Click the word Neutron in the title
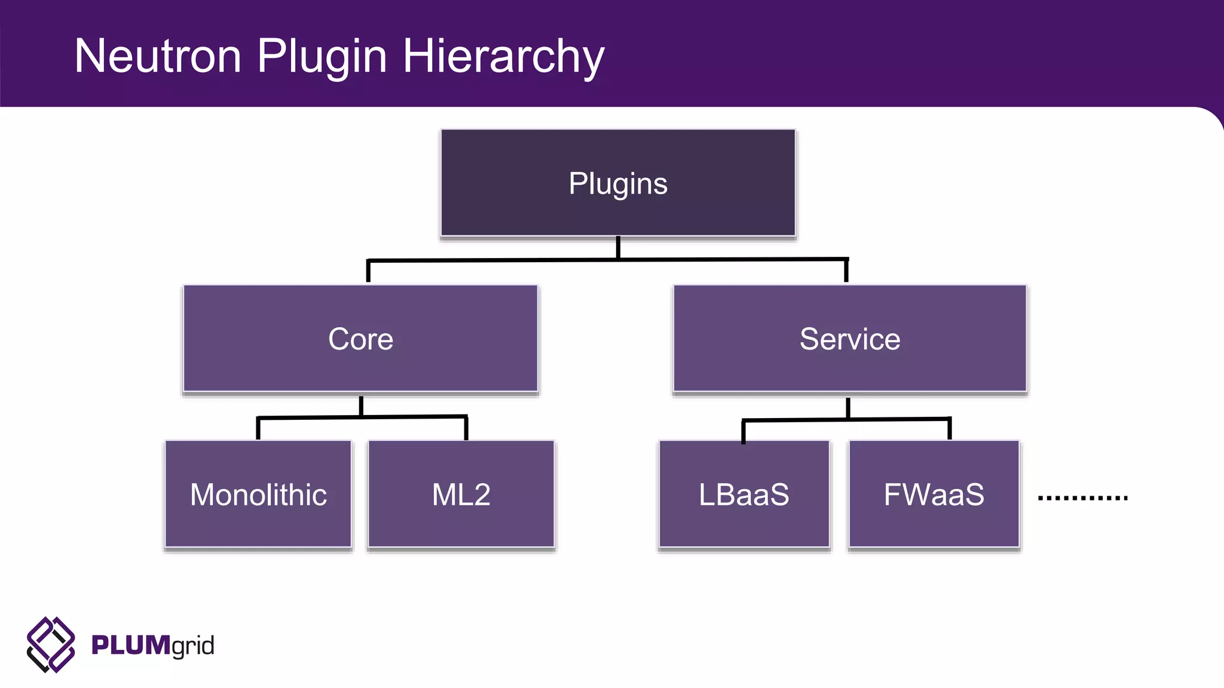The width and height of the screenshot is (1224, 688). click(158, 56)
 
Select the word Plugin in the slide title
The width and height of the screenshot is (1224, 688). click(322, 56)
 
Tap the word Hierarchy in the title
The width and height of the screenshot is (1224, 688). click(503, 56)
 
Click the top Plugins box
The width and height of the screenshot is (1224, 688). click(618, 183)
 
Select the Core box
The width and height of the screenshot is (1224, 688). click(360, 339)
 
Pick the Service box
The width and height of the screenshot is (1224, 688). click(849, 339)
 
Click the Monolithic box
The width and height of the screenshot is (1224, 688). click(258, 494)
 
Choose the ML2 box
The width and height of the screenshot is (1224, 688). click(461, 494)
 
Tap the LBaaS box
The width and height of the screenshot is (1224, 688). click(744, 494)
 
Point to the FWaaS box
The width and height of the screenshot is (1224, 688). click(934, 494)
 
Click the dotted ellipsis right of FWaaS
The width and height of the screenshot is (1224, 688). click(1082, 497)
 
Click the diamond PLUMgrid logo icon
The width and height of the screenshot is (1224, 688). click(51, 645)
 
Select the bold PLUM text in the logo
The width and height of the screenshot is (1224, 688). click(130, 646)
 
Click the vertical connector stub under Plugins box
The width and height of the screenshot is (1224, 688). click(618, 247)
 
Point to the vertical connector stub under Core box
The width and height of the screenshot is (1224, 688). click(361, 405)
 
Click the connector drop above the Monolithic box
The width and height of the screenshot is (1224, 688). click(258, 429)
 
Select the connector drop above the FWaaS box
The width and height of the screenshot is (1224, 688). click(949, 429)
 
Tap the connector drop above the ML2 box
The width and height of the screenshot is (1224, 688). click(466, 428)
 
